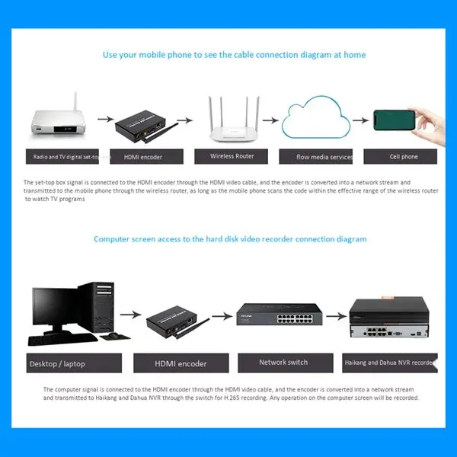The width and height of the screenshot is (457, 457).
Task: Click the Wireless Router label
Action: (232, 155)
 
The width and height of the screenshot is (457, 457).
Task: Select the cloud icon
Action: (315, 120)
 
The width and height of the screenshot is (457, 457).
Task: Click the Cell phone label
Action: (403, 156)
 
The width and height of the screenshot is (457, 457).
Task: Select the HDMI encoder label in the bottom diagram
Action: (181, 363)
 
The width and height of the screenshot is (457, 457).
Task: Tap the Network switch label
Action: (283, 363)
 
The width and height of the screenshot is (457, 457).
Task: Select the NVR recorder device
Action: (388, 320)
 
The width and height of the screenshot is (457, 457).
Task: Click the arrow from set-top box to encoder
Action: (101, 120)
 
